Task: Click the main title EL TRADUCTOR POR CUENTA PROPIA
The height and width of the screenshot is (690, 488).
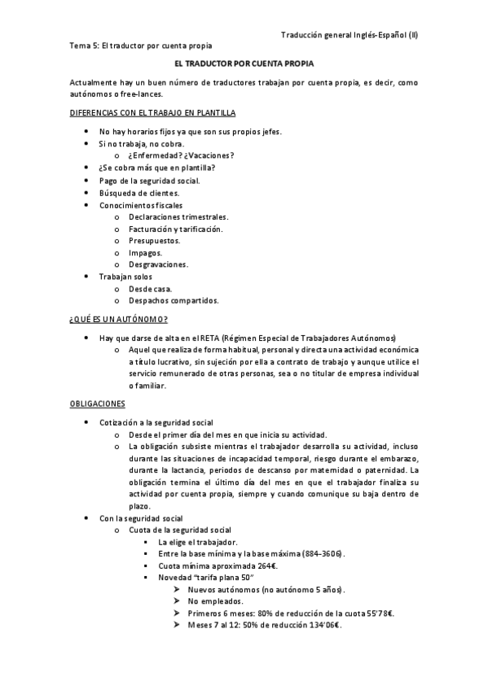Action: click(x=244, y=63)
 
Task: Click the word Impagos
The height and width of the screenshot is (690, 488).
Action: click(x=145, y=253)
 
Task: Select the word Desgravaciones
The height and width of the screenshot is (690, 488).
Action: click(x=158, y=264)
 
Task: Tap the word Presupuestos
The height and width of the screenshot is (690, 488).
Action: click(x=154, y=241)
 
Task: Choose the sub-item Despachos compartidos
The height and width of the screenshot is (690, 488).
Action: click(x=174, y=300)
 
